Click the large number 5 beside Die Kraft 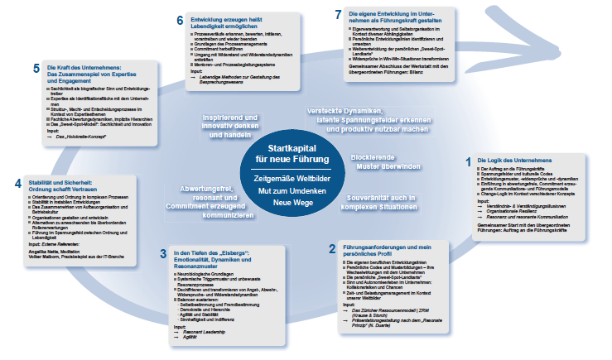point(36,69)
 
